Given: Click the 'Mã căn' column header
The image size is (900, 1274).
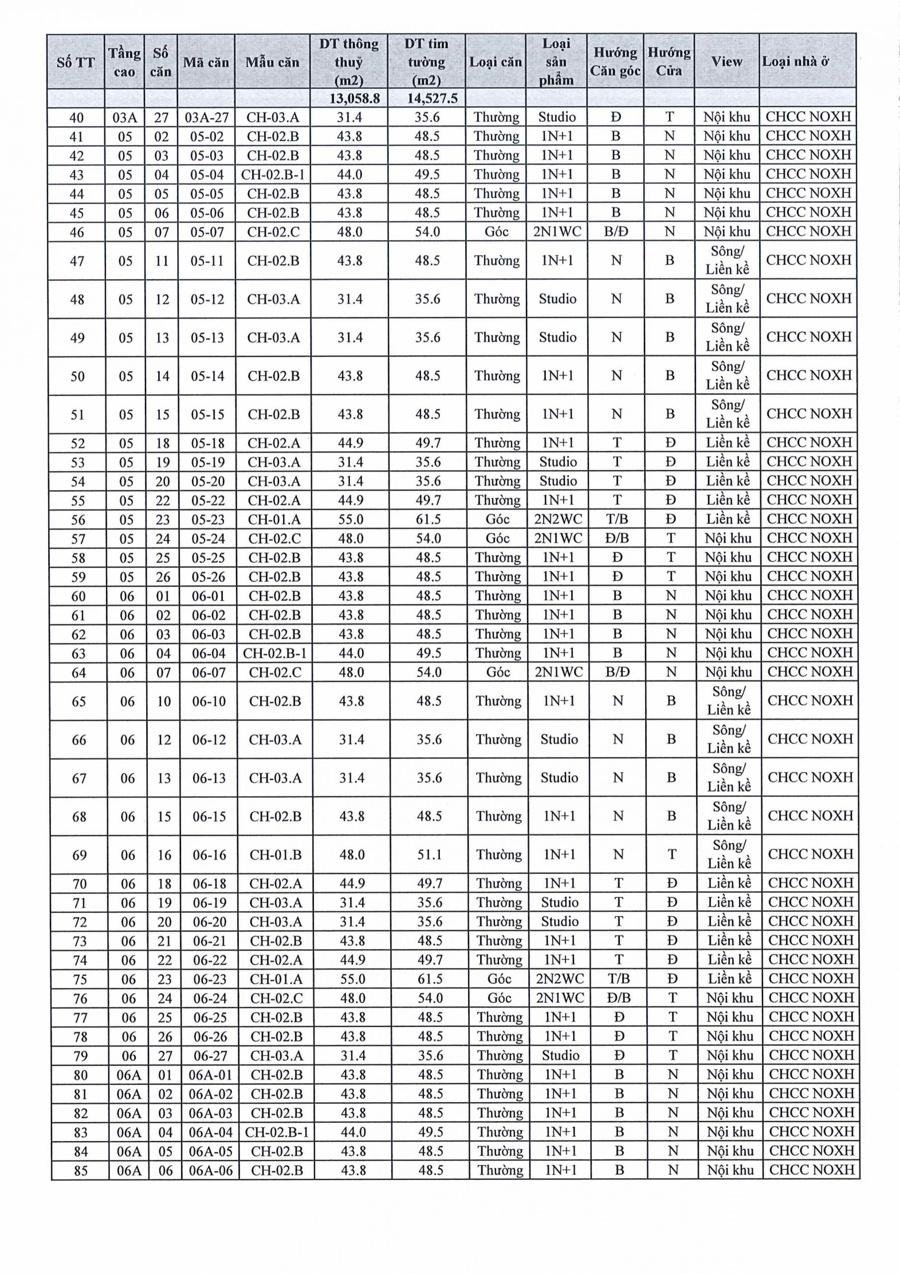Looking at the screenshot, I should tap(206, 62).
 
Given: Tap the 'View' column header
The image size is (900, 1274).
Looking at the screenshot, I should tap(726, 62).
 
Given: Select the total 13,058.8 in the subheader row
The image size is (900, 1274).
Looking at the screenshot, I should tap(349, 99).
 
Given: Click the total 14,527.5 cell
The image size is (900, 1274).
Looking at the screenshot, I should tap(427, 99).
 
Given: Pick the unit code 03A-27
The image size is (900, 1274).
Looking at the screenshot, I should tap(206, 117).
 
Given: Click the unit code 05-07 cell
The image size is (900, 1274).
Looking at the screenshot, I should tap(207, 232).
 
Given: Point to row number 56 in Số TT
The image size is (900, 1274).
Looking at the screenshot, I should tap(78, 520).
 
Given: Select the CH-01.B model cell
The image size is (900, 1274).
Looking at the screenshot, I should tap(275, 854).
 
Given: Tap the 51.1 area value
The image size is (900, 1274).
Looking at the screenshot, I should tap(429, 854).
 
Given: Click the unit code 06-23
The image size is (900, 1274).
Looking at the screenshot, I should tap(209, 979).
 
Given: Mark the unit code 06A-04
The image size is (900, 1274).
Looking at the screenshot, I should tap(210, 1132).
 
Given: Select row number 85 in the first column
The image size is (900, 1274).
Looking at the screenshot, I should tap(81, 1170).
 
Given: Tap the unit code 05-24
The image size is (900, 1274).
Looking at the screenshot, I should tap(207, 538).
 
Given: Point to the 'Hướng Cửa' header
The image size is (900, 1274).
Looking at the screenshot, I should tap(669, 62).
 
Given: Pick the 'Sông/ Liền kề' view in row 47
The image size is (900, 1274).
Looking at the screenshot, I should tap(727, 260).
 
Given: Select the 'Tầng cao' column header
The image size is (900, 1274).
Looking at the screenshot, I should tap(124, 62).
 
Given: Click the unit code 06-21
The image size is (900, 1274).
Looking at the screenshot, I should tap(209, 941).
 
